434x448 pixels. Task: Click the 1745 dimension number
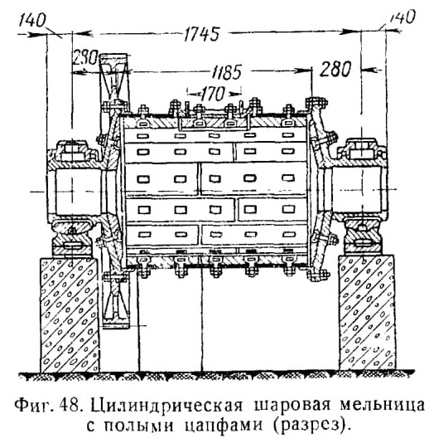202,34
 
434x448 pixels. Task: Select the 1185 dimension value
227,71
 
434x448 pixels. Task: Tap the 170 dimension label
213,94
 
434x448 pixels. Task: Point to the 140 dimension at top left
32,20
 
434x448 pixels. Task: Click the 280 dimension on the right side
335,70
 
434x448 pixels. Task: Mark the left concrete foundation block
70,314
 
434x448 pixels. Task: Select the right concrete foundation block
367,314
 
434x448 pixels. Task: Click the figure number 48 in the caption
70,406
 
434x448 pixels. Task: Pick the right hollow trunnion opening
357,190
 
